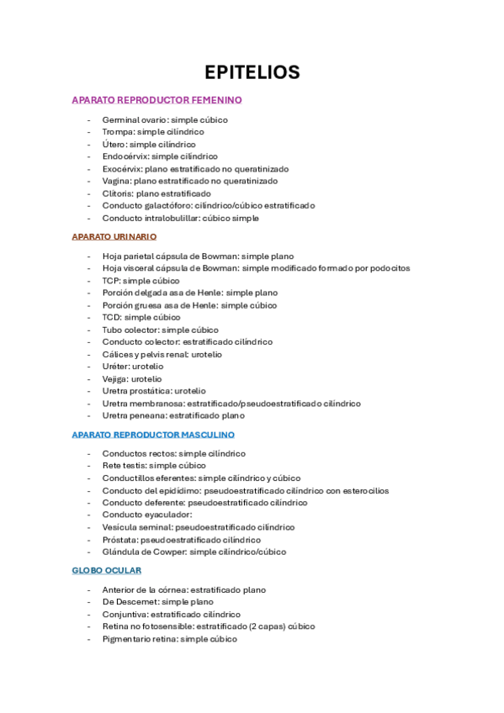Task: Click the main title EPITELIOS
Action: coord(252,72)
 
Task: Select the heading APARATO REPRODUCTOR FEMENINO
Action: coord(157,100)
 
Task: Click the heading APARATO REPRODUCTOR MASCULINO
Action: coord(153,435)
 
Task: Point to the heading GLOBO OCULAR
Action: coord(106,571)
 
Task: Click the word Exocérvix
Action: coord(121,168)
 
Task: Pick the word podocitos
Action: coord(390,268)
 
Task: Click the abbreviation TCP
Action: coord(111,281)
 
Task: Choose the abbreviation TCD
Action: coord(112,318)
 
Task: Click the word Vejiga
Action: coord(115,379)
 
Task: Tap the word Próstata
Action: coord(119,540)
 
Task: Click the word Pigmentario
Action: coord(127,639)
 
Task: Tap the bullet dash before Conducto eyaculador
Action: coord(90,515)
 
